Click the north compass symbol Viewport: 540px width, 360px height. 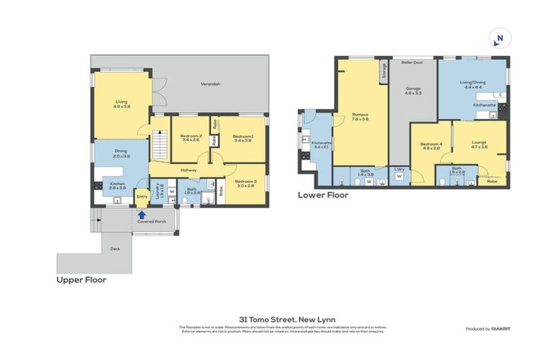(500, 38)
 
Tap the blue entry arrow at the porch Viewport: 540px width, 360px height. (141, 215)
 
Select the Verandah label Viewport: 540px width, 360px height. (210, 84)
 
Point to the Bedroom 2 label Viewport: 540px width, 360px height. (191, 136)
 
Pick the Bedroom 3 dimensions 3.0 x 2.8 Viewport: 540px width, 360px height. (245, 186)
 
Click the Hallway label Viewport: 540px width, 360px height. (188, 170)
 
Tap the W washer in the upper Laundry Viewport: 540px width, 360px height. (172, 191)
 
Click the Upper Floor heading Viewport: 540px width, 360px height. (82, 280)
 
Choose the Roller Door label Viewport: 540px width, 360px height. (411, 63)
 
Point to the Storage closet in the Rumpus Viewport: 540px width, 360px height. (384, 70)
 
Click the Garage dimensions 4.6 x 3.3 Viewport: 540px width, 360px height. (412, 93)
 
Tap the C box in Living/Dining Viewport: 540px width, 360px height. (499, 94)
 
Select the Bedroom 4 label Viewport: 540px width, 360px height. (430, 143)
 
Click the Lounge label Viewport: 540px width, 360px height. (479, 143)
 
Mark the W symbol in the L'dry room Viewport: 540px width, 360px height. (399, 177)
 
